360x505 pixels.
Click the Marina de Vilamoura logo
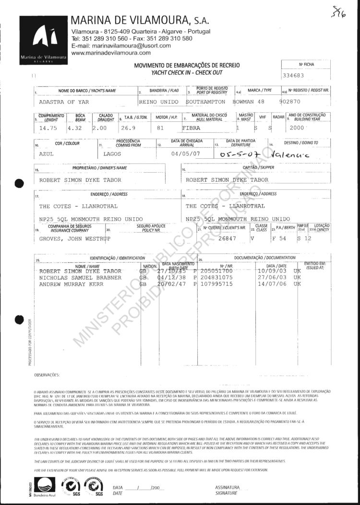44,40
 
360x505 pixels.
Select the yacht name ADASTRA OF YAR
64,102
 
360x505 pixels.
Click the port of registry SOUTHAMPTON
205,102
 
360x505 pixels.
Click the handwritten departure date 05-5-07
239,154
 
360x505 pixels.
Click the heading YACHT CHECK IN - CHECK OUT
187,72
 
